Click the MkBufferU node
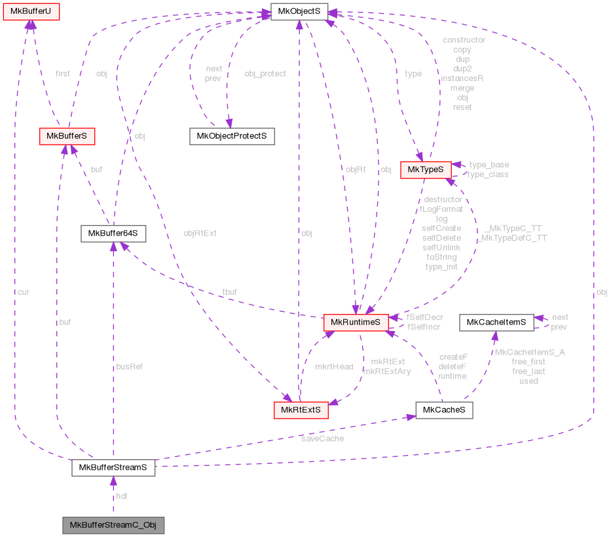[x=30, y=10]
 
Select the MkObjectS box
[x=299, y=10]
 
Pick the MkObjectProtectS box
[x=231, y=136]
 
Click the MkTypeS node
[x=425, y=169]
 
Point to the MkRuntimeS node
[x=356, y=322]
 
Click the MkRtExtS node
[x=300, y=411]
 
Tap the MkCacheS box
[x=443, y=411]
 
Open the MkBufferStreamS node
[x=113, y=468]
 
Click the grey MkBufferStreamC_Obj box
[x=113, y=525]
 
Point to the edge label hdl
[x=122, y=496]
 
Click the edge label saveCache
[x=322, y=438]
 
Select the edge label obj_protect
[x=265, y=74]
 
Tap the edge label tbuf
[x=229, y=292]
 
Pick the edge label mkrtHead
[x=334, y=367]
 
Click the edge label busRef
[x=128, y=367]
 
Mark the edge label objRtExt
[x=200, y=233]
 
